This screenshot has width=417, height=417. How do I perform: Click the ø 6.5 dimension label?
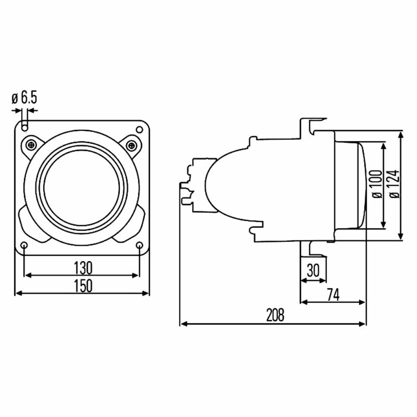click(24, 98)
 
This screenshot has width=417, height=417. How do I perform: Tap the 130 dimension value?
click(83, 268)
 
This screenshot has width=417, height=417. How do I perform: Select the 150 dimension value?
click(83, 285)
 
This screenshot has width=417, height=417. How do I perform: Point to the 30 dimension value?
click(313, 271)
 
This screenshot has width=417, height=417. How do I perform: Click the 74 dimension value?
click(333, 295)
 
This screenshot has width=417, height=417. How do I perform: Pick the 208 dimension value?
click(275, 315)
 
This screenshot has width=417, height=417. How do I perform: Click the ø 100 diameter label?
click(377, 184)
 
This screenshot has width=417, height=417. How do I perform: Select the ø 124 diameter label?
click(394, 184)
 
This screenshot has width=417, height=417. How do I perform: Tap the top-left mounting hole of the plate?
click(25, 128)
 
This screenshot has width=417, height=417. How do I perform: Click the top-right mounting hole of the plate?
click(139, 130)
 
